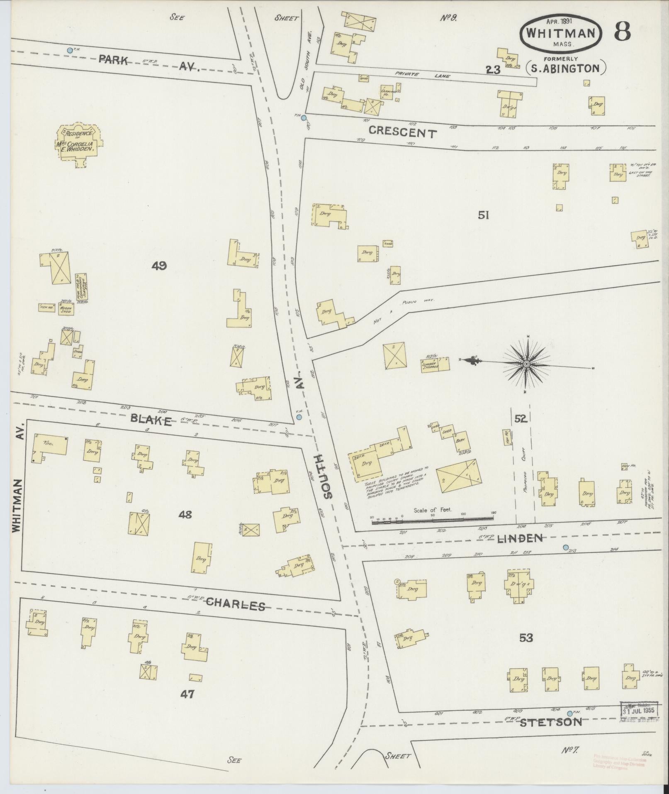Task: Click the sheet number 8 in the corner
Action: coord(623,31)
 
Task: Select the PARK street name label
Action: coord(113,60)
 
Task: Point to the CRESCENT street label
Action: coord(402,132)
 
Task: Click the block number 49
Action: coord(159,266)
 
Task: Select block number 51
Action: coord(484,215)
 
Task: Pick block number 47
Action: coord(187,694)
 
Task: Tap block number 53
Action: coord(526,638)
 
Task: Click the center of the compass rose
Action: coord(526,364)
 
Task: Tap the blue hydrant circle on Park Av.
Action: coord(70,50)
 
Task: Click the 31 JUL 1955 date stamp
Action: coord(639,710)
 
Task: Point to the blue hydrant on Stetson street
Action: coord(569,713)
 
